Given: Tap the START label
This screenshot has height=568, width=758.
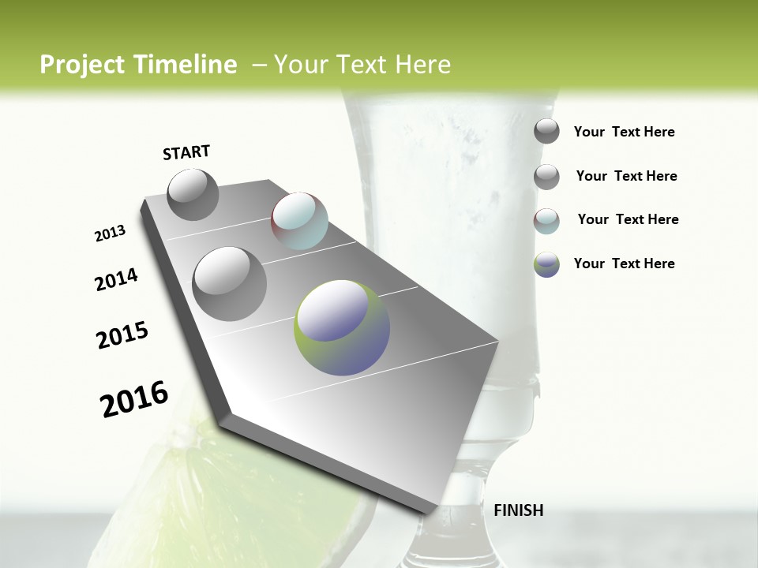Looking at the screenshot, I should (186, 152).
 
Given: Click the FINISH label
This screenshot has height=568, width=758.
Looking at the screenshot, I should (518, 510).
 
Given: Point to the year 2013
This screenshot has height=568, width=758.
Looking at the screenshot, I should (110, 234).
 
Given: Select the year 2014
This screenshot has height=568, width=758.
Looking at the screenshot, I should (116, 280).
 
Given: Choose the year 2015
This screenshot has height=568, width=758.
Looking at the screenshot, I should (122, 335).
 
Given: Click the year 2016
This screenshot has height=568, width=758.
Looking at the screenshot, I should (134, 399).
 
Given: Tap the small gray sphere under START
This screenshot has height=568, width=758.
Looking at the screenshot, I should (193, 194).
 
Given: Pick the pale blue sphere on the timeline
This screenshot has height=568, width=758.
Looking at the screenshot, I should (299, 220).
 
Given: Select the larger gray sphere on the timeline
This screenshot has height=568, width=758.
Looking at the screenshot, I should (229, 283).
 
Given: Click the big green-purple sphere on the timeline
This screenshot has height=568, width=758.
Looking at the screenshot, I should (342, 327).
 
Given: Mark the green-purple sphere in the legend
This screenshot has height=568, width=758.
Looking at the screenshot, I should (546, 264).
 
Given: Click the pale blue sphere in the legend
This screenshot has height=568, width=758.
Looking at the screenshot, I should (546, 221).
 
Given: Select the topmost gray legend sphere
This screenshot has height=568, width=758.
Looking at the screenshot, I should (546, 131).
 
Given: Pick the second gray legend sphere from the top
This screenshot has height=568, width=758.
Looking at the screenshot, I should (546, 177).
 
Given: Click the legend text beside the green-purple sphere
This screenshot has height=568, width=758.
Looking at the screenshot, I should (624, 263).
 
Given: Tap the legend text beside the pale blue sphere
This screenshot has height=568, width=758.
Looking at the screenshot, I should (628, 219).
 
